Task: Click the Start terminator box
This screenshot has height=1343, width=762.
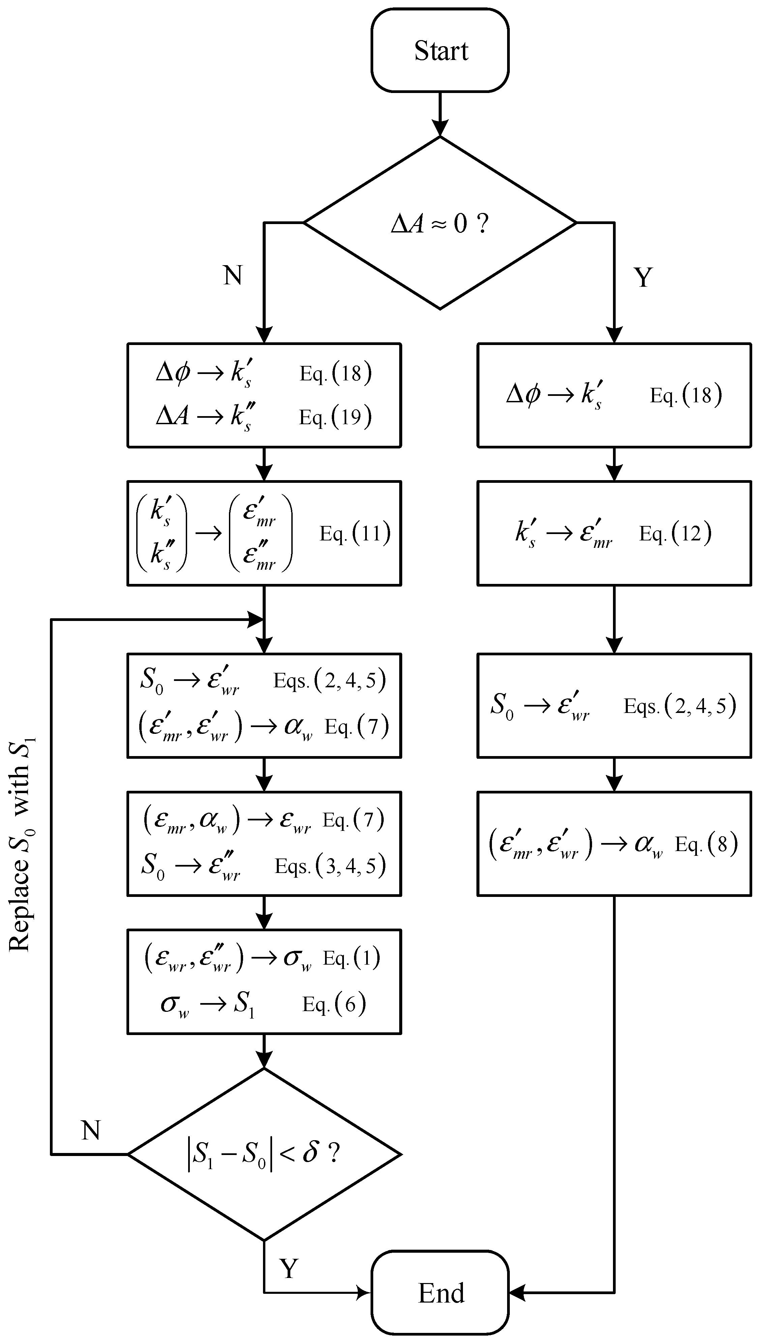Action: click(x=440, y=50)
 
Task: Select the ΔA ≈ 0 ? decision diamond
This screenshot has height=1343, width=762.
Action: click(x=440, y=223)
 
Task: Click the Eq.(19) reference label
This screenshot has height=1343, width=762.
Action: click(x=335, y=417)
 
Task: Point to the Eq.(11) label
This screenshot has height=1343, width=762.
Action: click(x=355, y=533)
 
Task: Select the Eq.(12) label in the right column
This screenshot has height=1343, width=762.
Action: click(x=675, y=533)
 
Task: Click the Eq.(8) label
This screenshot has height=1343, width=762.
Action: click(x=706, y=844)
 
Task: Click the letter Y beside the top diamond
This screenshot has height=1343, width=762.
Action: click(x=643, y=277)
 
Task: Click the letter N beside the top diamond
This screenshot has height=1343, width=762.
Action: click(x=233, y=275)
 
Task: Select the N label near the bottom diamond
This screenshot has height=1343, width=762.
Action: click(x=91, y=1131)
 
